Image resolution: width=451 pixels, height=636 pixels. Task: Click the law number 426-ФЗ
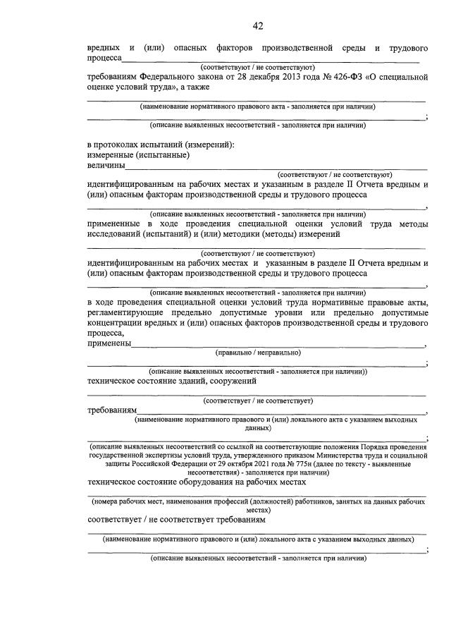[340, 76]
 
